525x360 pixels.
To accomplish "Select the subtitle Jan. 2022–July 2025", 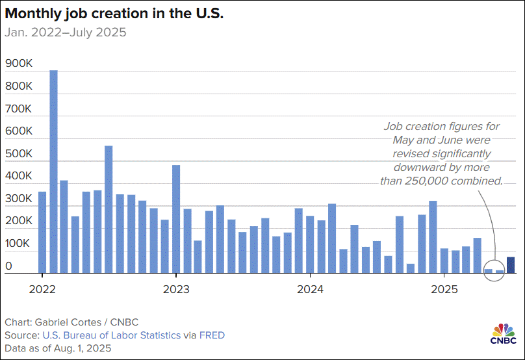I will [x=65, y=32].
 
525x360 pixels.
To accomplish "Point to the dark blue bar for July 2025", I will [x=511, y=265].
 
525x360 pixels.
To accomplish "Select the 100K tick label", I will [x=18, y=244].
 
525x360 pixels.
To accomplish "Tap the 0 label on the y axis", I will [x=8, y=266].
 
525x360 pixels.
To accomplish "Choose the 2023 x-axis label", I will [x=175, y=288].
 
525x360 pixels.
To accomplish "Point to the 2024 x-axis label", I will [x=311, y=288].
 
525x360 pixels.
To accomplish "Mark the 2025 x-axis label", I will [x=445, y=288].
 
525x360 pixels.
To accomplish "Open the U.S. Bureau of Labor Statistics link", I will [x=112, y=335].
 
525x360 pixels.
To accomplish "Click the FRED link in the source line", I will [x=212, y=335].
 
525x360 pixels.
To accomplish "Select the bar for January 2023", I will [x=176, y=219].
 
